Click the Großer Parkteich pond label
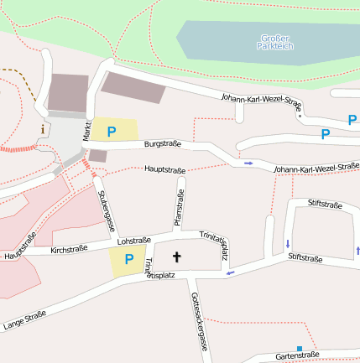point(276,41)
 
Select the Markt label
point(86,130)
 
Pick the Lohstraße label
point(133,240)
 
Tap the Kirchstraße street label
point(68,250)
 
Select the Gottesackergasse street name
point(199,321)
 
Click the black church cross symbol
point(177,256)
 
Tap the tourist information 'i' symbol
point(43,129)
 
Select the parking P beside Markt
point(111,132)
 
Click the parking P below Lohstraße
point(128,260)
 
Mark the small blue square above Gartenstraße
point(299,348)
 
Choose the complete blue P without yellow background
point(326,133)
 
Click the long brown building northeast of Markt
point(133,86)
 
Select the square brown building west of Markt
point(68,92)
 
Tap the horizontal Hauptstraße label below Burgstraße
point(164,169)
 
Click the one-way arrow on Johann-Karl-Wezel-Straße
point(248,163)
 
